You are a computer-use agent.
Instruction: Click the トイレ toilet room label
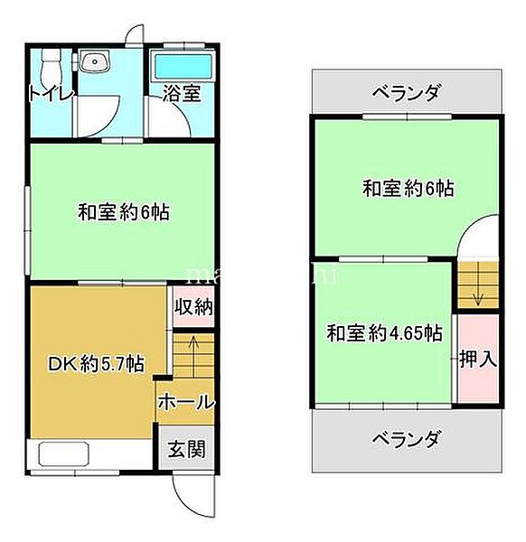pos(51,94)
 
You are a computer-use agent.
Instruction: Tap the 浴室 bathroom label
pos(181,94)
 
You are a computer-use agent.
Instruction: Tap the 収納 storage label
pos(193,307)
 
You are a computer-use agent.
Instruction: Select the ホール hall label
pos(185,402)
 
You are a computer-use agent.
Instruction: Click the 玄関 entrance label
pos(188,449)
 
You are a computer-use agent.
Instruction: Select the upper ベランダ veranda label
pos(406,93)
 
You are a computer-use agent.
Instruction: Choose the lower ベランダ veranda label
pos(406,440)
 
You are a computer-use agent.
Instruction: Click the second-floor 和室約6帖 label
pos(408,189)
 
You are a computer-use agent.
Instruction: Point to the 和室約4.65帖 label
pos(383,332)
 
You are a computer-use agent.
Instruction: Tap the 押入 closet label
pos(478,359)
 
